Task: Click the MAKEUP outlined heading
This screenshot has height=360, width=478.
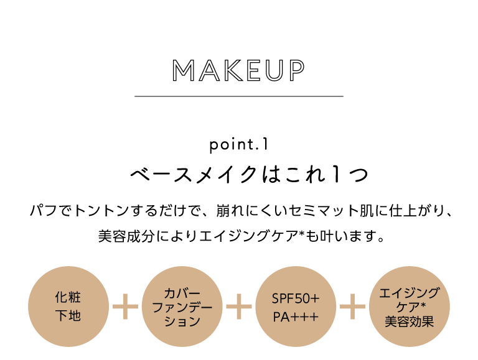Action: click(239, 70)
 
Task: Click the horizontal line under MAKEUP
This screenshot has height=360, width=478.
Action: click(239, 96)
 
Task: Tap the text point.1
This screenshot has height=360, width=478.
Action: click(239, 145)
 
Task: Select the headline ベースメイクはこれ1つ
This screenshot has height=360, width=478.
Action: click(249, 175)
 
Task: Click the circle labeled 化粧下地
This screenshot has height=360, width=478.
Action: click(68, 307)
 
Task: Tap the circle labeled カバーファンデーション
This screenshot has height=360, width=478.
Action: click(182, 307)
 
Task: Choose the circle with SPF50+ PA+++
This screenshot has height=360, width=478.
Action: click(296, 307)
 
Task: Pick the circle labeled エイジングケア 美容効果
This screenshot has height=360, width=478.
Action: click(410, 307)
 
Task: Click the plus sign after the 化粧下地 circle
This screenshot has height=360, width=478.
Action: click(125, 307)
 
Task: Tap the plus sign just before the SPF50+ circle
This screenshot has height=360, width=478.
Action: click(239, 307)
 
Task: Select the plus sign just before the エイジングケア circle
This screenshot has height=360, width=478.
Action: click(353, 307)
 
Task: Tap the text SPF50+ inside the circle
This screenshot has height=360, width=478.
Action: click(296, 298)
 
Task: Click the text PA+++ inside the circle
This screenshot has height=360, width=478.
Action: click(296, 317)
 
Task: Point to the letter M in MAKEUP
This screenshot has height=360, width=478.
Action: click(184, 70)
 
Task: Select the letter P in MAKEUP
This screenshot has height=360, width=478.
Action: click(298, 70)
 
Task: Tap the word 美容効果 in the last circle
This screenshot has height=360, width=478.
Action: click(410, 322)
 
